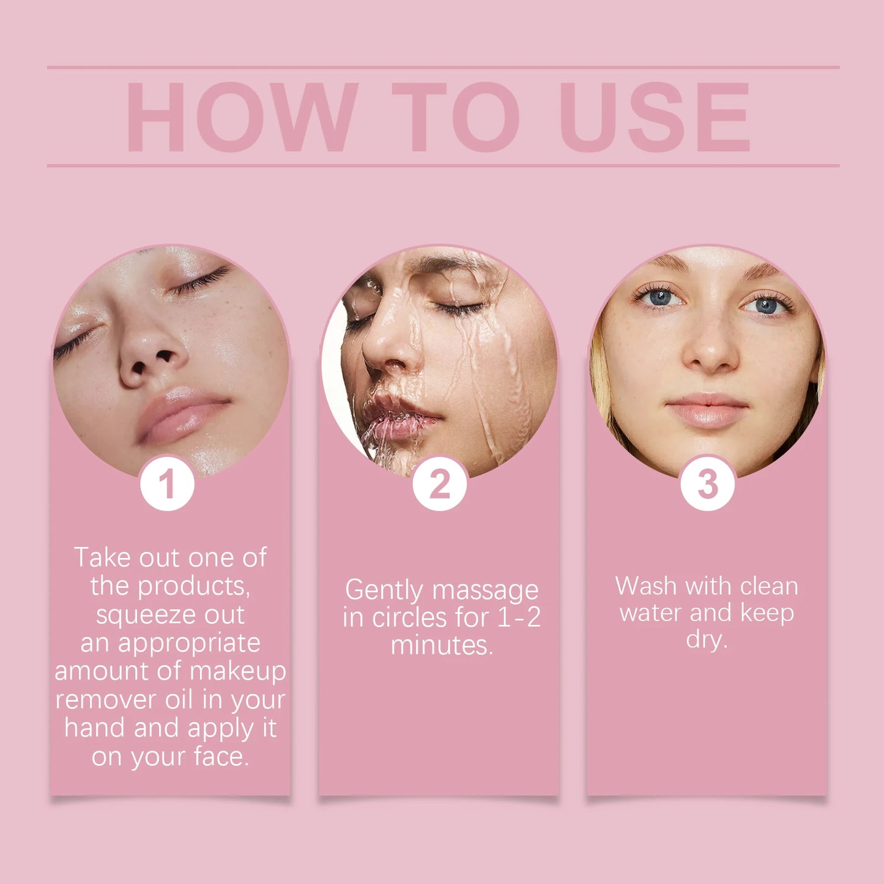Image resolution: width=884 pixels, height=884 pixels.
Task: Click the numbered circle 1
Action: pyautogui.click(x=167, y=484)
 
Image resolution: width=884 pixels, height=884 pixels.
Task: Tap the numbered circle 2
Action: pyautogui.click(x=439, y=484)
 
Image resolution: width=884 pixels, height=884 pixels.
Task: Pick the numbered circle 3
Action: pyautogui.click(x=707, y=484)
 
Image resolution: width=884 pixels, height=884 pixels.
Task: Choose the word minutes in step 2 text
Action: pyautogui.click(x=440, y=645)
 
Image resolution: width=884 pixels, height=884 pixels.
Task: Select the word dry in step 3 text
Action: pyautogui.click(x=705, y=639)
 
